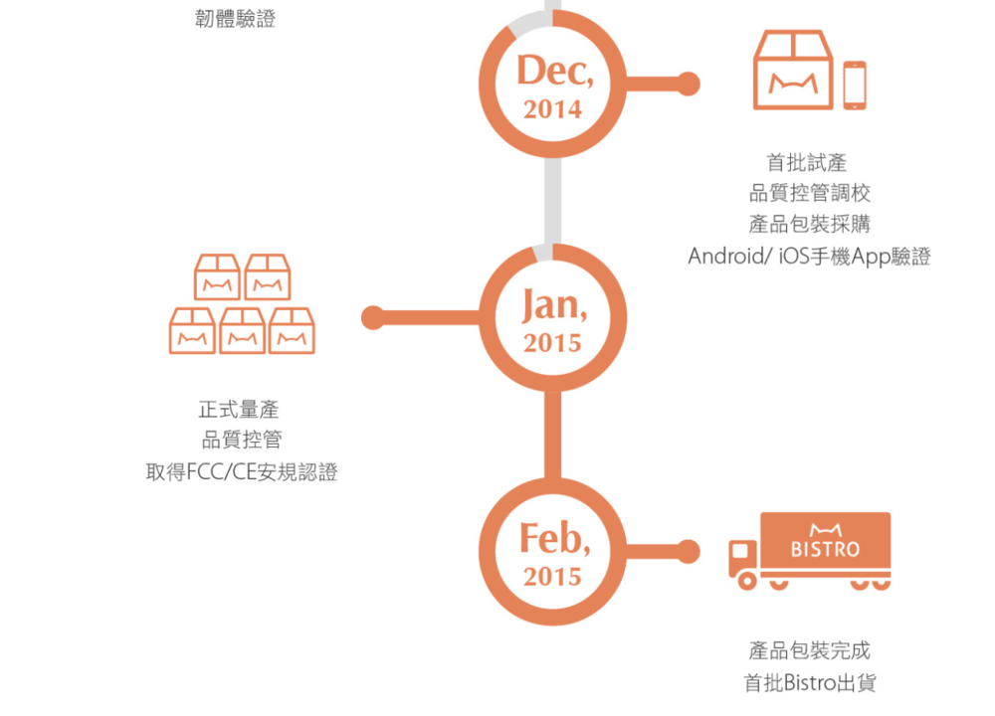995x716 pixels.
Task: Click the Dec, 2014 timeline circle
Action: (553, 84)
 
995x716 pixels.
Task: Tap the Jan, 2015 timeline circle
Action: (553, 318)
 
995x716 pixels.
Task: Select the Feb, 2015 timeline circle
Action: (553, 552)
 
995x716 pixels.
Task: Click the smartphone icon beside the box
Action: (855, 86)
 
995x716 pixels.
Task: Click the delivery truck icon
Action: (810, 551)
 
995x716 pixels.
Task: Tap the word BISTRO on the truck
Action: (825, 549)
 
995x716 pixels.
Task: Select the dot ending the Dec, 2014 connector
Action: (688, 84)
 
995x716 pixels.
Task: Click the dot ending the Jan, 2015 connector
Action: (372, 318)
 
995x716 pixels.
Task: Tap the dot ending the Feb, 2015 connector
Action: (688, 551)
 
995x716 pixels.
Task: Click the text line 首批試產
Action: (807, 163)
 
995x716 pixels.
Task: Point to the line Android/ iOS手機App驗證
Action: (809, 257)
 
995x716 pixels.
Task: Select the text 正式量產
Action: (241, 410)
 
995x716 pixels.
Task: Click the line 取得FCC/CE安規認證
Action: (241, 472)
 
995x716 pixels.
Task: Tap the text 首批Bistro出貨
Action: (809, 683)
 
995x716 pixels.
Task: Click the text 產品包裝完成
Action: (809, 651)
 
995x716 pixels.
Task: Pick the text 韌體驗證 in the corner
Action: (235, 18)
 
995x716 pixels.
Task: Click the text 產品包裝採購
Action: (809, 225)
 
